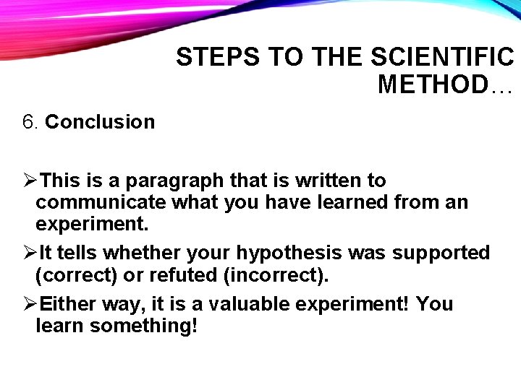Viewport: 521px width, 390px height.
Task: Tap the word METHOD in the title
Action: [433, 84]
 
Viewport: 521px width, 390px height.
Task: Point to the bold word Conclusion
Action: [100, 122]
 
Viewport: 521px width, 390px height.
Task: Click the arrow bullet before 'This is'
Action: [30, 181]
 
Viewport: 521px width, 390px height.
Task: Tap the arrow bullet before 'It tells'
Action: [30, 253]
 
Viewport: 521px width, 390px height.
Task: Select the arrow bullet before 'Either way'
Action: [30, 304]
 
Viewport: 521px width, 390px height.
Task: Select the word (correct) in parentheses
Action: [80, 275]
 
